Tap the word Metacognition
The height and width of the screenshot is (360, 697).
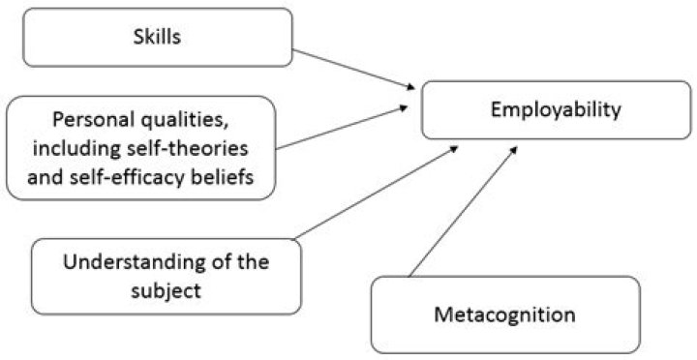tap(504, 315)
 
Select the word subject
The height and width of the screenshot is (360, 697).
tap(166, 288)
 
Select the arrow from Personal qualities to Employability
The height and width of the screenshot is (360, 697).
tap(344, 129)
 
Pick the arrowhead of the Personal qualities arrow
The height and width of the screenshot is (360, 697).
tap(408, 109)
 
